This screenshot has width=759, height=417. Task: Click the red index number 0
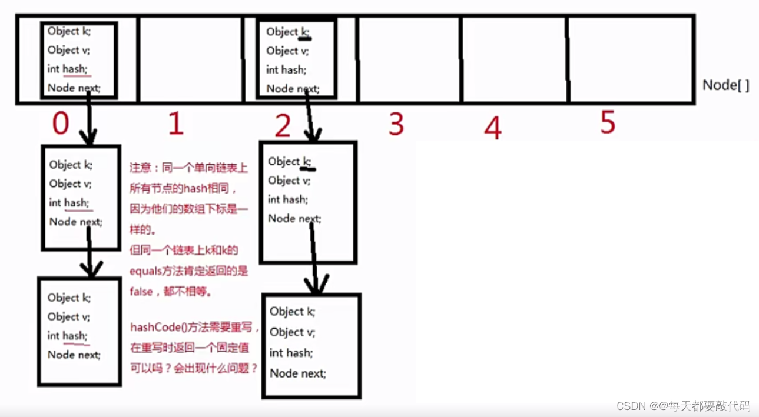point(61,124)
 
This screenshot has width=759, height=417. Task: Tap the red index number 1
point(175,124)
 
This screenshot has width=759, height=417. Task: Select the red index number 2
point(283,126)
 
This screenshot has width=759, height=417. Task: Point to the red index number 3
point(396,124)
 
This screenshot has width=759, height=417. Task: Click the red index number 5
point(608,122)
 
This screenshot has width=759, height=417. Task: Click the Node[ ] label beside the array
point(725,85)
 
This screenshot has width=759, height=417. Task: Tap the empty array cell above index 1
point(190,59)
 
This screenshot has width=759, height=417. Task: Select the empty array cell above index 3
point(408,59)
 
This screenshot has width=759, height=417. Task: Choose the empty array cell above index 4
point(513,59)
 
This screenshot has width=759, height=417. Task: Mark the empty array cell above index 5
point(630,59)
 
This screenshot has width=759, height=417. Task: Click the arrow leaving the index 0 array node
point(88,121)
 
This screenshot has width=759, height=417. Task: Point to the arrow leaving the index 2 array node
point(310,118)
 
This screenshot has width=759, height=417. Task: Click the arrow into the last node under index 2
point(314,259)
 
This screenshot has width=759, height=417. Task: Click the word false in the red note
point(141,292)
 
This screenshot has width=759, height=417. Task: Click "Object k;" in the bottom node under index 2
point(293,312)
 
